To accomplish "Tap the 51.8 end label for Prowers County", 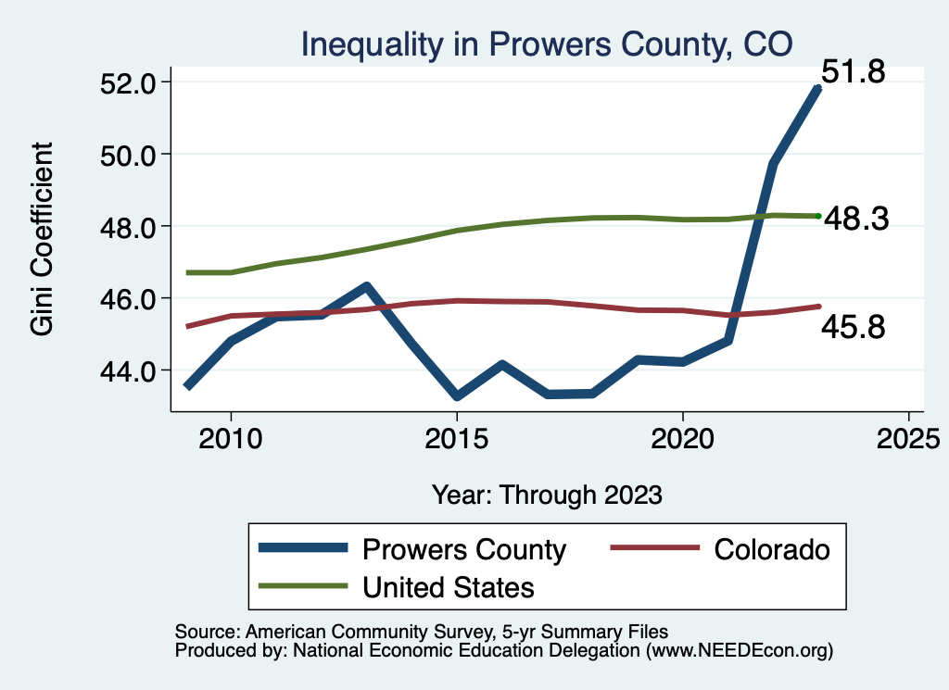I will [x=854, y=71].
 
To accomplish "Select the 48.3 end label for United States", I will [x=856, y=219].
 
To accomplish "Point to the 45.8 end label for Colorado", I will [x=854, y=326].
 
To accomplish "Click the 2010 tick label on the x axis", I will [x=231, y=435].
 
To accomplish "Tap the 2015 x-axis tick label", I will [x=456, y=435].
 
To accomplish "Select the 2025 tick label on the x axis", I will [x=908, y=435].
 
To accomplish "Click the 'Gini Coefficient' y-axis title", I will [x=42, y=239].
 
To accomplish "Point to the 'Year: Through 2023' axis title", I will [x=547, y=495].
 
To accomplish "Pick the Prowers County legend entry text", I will [x=463, y=549].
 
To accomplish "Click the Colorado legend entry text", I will [x=772, y=549].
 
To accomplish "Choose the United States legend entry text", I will [x=449, y=587].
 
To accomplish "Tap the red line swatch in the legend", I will [x=653, y=549].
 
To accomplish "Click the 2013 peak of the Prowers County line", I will [x=366, y=286].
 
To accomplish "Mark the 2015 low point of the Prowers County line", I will [x=456, y=396].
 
